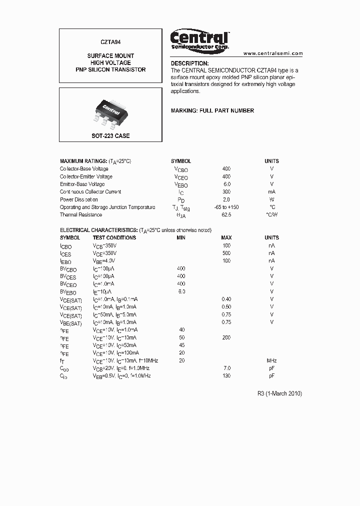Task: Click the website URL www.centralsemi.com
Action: (x=273, y=53)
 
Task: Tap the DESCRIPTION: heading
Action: (x=189, y=63)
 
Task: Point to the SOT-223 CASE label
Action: (x=110, y=136)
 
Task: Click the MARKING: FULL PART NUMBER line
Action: (x=212, y=110)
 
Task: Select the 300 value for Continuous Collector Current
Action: (x=226, y=191)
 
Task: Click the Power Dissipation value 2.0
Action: (x=226, y=199)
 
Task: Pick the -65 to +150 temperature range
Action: (x=226, y=207)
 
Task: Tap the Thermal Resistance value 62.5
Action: (x=226, y=214)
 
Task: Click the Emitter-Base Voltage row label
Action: (x=82, y=184)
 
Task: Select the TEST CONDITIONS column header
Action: (x=114, y=237)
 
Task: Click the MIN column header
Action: (x=181, y=237)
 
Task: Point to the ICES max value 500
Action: (x=226, y=253)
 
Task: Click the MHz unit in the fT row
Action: (x=271, y=360)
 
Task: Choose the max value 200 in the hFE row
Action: (x=226, y=337)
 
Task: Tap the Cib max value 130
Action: (x=226, y=375)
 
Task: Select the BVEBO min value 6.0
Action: (x=181, y=291)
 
